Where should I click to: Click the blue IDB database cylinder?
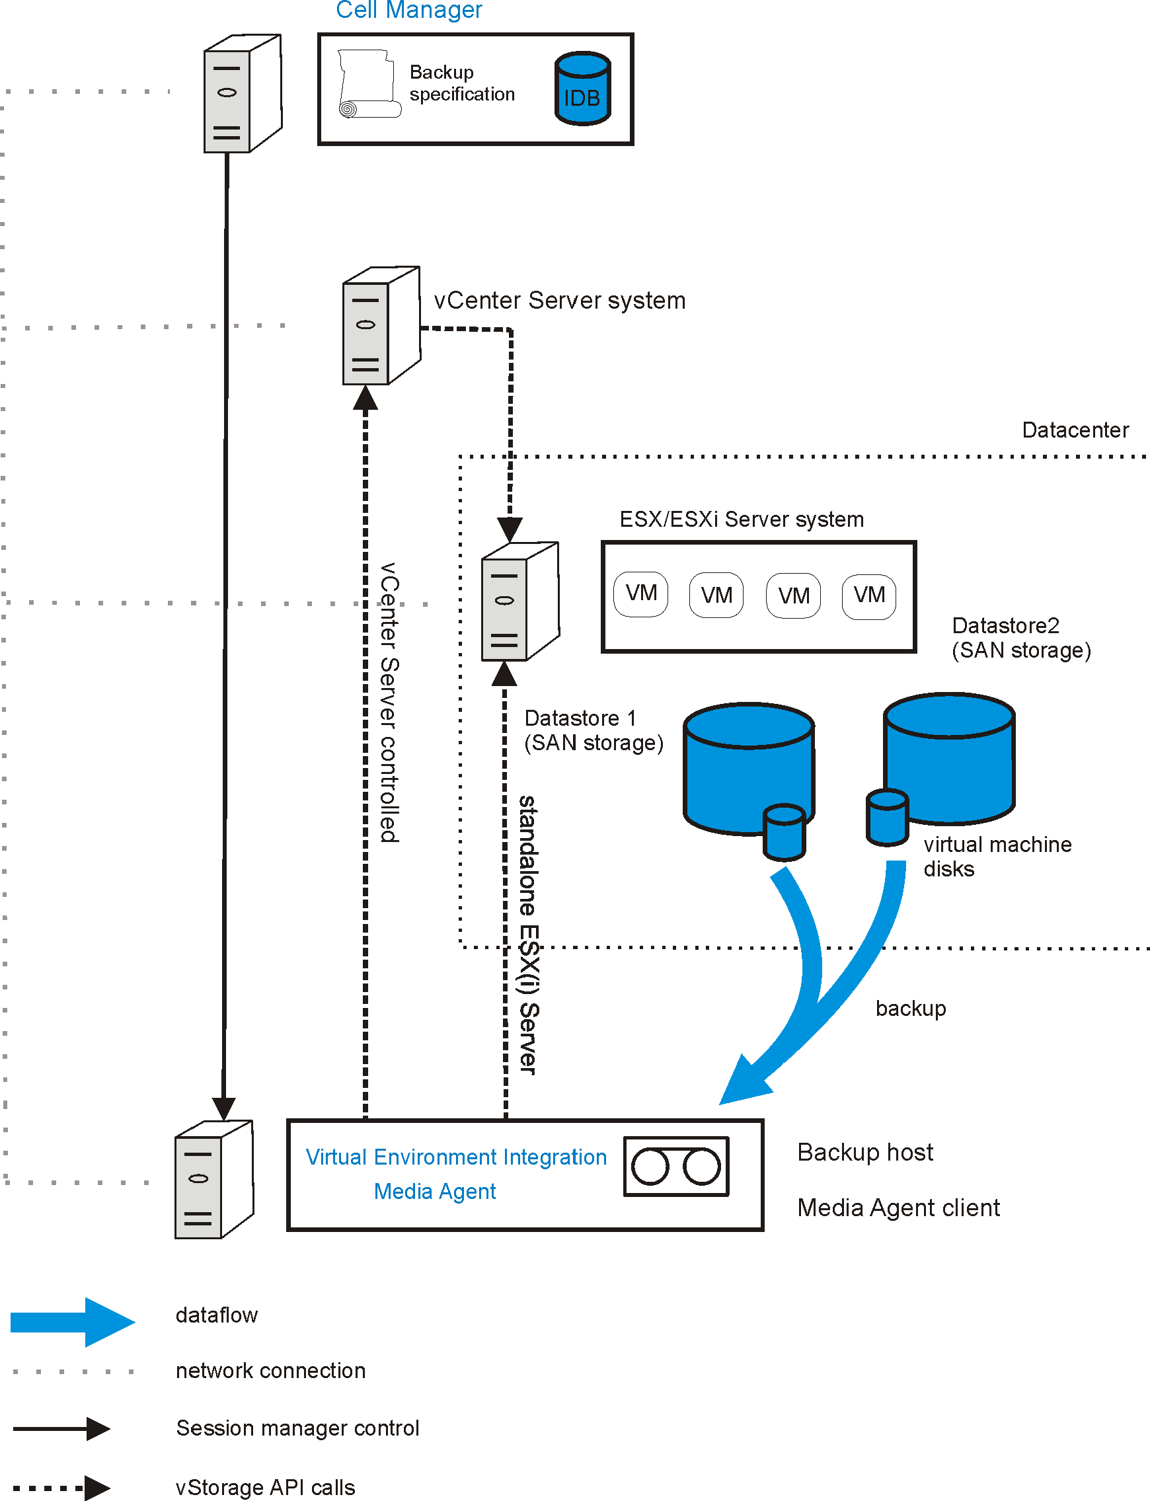pos(582,89)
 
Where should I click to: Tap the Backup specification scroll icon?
pos(369,83)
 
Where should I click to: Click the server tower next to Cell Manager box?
pos(242,94)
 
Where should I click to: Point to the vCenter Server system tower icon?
pos(381,326)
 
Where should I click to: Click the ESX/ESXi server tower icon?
pos(519,601)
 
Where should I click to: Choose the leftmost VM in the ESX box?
pos(640,594)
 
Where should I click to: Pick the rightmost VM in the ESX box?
pos(868,596)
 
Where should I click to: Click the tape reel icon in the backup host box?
pos(675,1167)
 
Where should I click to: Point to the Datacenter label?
pos(1075,430)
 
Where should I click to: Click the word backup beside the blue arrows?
pos(911,1008)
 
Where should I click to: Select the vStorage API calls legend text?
pos(265,1487)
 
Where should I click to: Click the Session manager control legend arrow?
pos(61,1428)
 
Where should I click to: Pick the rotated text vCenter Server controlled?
pos(389,701)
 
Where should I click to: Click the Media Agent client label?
pos(898,1208)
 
